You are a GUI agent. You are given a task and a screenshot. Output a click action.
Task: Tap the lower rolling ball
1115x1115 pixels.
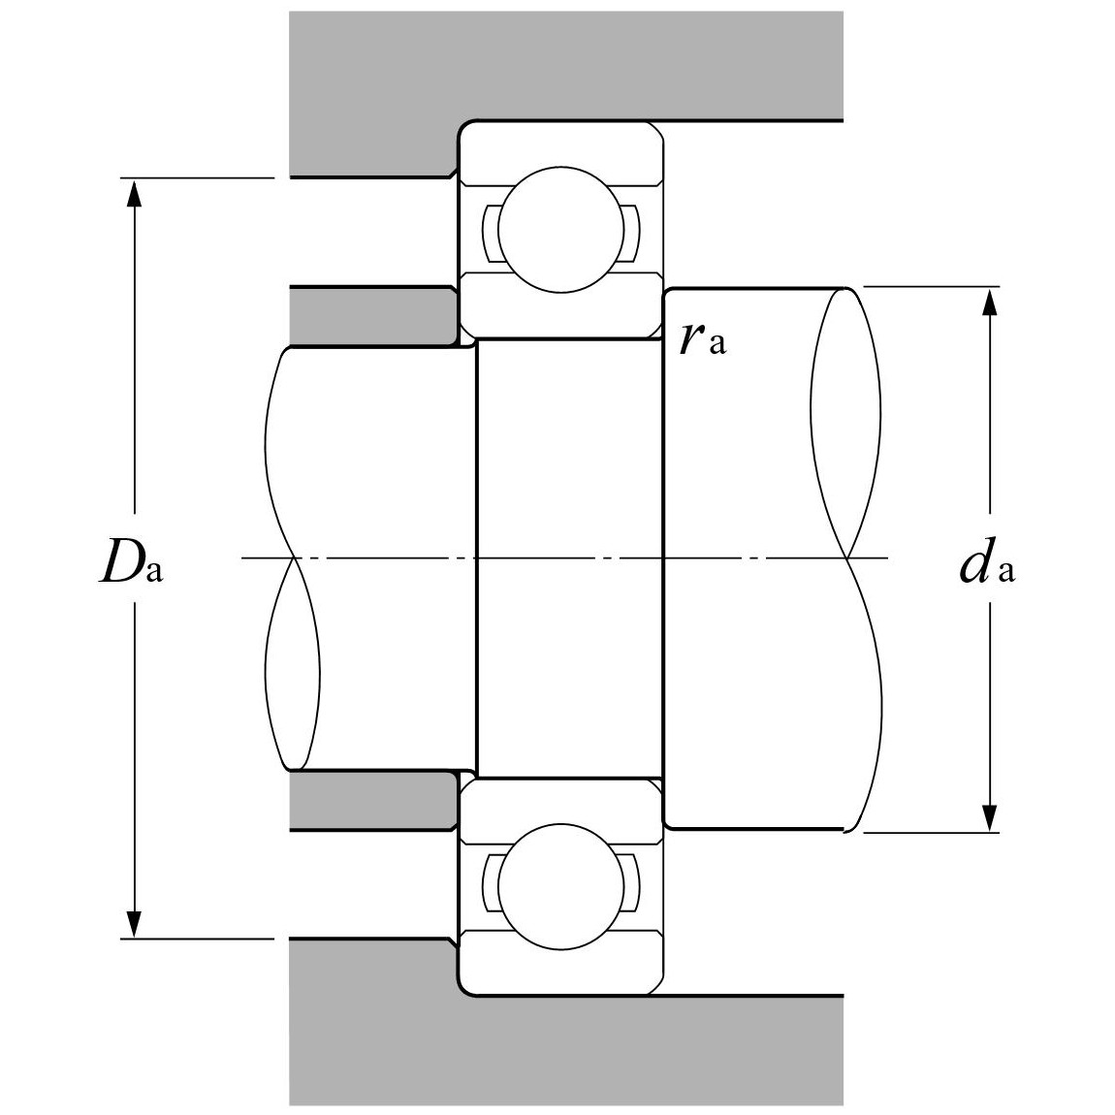556,883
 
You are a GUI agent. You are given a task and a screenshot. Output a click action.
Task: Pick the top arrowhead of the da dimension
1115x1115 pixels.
989,303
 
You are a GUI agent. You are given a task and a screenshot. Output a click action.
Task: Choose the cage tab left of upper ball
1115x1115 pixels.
490,233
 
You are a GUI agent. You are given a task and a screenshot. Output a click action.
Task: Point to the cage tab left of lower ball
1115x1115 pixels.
490,882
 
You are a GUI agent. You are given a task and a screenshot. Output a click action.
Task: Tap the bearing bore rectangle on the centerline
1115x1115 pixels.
569,558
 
